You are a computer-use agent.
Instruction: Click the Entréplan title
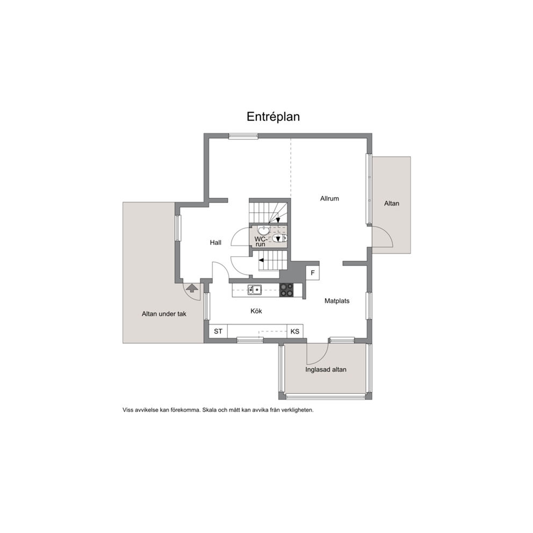[x=273, y=117]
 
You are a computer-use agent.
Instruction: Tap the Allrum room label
[x=329, y=198]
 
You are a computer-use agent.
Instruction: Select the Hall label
[x=215, y=242]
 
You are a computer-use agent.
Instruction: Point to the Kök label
[x=256, y=311]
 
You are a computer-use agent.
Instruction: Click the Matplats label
[x=337, y=301]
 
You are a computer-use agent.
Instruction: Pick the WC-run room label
[x=261, y=241]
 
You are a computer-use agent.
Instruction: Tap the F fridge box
[x=313, y=273]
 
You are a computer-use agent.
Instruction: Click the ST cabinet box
[x=218, y=331]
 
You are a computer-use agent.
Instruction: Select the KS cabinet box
[x=295, y=331]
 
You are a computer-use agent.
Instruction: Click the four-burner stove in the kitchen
[x=286, y=290]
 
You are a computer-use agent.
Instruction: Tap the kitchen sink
[x=254, y=290]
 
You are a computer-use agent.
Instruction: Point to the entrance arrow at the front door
[x=192, y=288]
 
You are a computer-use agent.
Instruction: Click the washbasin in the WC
[x=263, y=229]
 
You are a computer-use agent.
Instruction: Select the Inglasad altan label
[x=326, y=370]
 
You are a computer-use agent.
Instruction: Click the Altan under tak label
[x=164, y=314]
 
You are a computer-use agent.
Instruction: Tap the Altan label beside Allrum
[x=392, y=203]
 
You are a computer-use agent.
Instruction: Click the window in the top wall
[x=243, y=136]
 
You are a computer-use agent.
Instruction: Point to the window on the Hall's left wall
[x=178, y=228]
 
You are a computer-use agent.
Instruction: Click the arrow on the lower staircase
[x=262, y=261]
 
